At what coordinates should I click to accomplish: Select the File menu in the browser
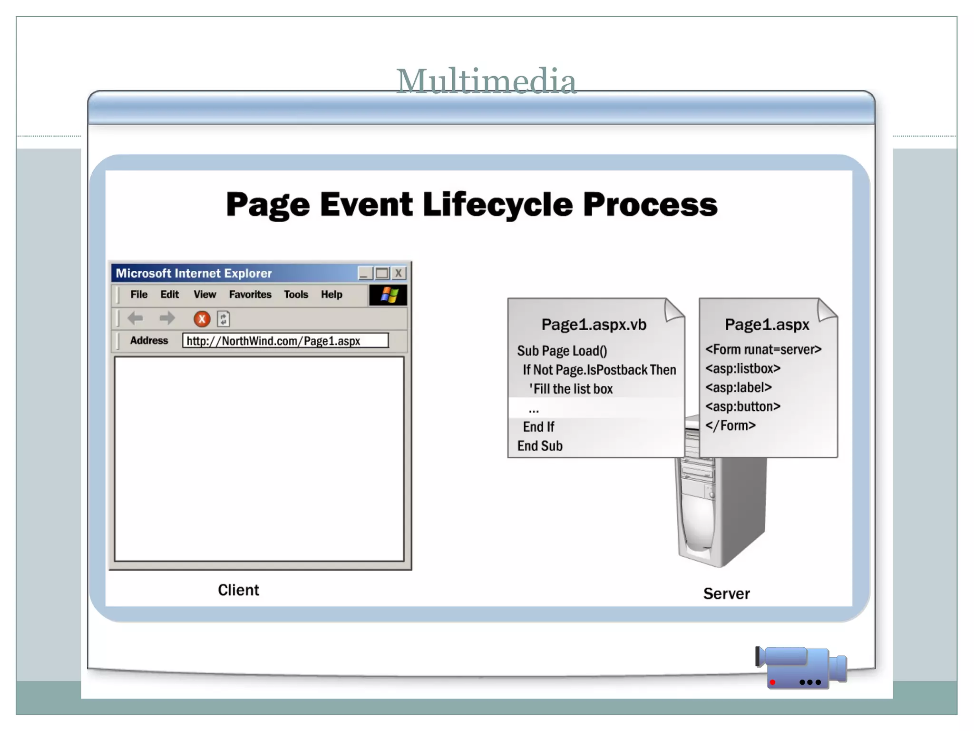(x=139, y=295)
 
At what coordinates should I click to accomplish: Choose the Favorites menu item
(x=250, y=295)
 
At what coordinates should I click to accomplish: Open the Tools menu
(x=296, y=295)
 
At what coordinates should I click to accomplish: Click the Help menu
(x=331, y=295)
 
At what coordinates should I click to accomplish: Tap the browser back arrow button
(x=136, y=318)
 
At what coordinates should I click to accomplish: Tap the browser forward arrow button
(x=167, y=318)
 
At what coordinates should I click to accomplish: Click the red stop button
(x=202, y=319)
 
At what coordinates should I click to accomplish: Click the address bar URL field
(x=285, y=341)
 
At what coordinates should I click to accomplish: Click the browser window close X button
(x=399, y=273)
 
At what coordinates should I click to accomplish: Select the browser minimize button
(x=365, y=273)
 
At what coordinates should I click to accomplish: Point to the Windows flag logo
(x=389, y=295)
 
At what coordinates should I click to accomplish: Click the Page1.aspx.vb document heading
(x=594, y=325)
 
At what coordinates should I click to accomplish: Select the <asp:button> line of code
(x=743, y=406)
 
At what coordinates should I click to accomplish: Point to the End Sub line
(x=540, y=446)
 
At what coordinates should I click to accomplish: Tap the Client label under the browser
(x=238, y=590)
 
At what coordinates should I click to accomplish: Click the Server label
(x=726, y=593)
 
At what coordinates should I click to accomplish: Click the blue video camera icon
(x=801, y=667)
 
